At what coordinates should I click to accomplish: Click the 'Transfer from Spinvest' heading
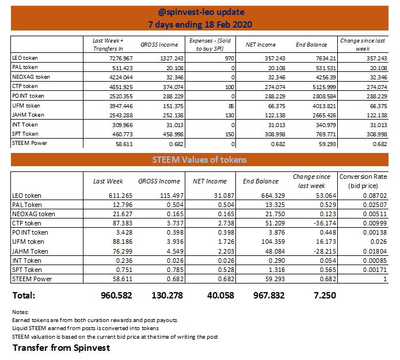pos(61,348)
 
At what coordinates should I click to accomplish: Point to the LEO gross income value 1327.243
pos(163,59)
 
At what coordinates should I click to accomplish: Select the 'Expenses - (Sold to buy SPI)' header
pos(209,45)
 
